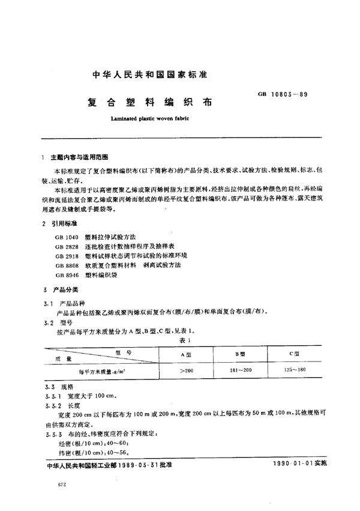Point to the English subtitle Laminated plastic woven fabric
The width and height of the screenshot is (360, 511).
click(150, 118)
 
